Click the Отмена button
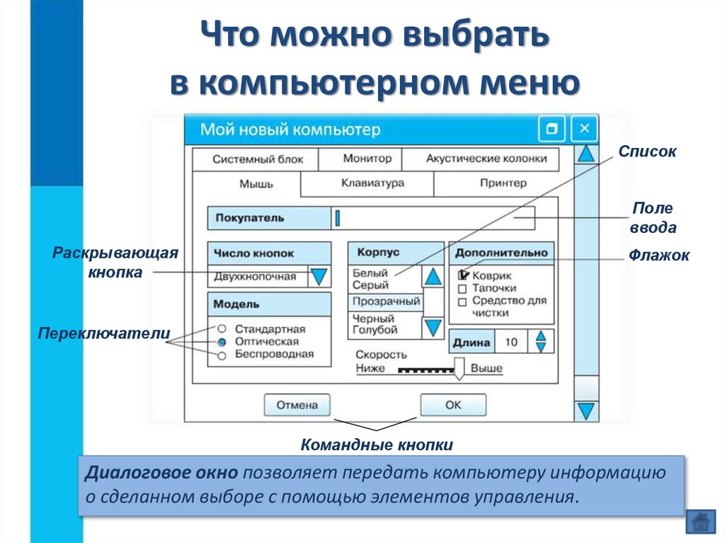[297, 405]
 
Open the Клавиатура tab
[372, 183]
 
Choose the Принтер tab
[503, 183]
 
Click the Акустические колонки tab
[486, 159]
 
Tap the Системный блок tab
[258, 159]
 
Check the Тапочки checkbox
[462, 289]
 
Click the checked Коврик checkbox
[463, 275]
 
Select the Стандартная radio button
[222, 328]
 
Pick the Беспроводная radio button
[222, 355]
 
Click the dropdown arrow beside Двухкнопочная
[320, 275]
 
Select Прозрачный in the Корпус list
[386, 302]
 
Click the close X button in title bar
[584, 129]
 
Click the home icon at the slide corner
[700, 522]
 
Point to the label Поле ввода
[652, 218]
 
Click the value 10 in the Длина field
[511, 343]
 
